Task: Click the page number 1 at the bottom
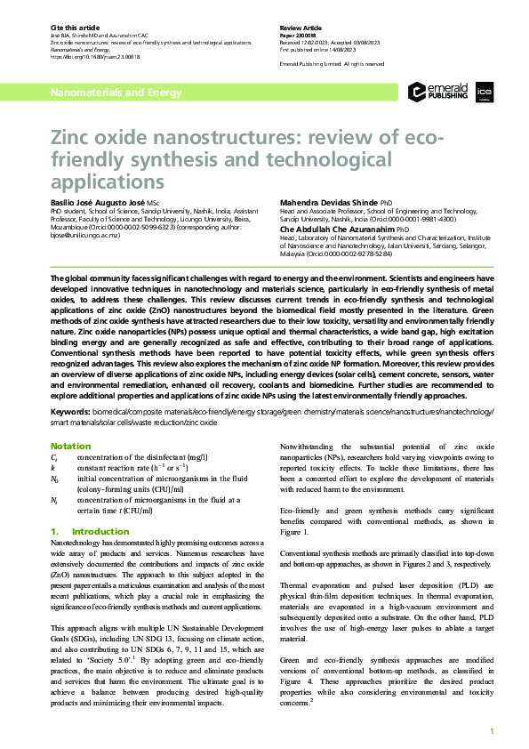(x=492, y=731)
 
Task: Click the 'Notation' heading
(x=70, y=446)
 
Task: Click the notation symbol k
(x=53, y=466)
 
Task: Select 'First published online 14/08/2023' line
(x=323, y=49)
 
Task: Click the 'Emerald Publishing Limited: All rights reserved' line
(x=332, y=64)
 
